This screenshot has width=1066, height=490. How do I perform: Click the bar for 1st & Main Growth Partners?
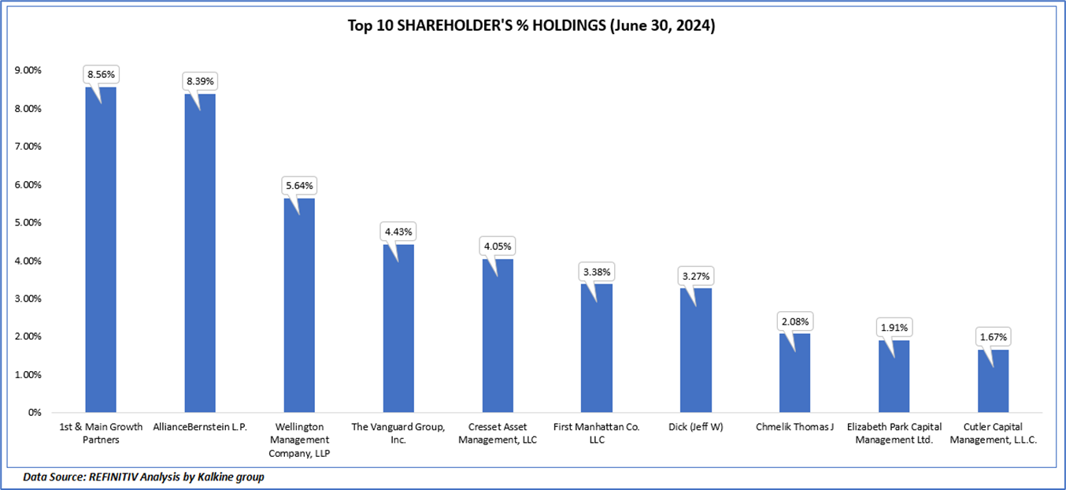pos(101,252)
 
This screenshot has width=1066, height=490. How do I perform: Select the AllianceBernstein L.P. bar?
pos(200,256)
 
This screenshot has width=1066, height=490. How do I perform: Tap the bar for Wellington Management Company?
pos(299,307)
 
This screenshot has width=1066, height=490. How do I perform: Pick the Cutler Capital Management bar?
pos(992,382)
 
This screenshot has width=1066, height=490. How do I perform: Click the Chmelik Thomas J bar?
pos(794,374)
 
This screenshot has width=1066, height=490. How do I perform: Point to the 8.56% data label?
pos(101,75)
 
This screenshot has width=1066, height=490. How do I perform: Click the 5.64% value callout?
pos(299,186)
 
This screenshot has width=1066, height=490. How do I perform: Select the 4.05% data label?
pos(498,246)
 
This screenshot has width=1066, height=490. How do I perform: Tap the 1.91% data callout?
pos(894,327)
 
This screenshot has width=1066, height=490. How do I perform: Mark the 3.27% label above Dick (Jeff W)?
pos(695,276)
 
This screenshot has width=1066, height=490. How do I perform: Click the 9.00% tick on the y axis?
pos(28,70)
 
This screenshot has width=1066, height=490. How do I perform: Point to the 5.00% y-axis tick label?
pos(28,222)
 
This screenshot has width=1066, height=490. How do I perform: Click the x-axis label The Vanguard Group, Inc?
pos(398,433)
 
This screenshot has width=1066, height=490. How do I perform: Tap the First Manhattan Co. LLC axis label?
pos(597,433)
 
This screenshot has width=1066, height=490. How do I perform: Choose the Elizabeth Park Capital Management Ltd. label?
pos(894,433)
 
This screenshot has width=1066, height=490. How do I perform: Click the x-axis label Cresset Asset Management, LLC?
pos(498,433)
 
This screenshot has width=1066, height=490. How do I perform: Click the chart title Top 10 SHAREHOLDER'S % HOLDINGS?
pos(531,26)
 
